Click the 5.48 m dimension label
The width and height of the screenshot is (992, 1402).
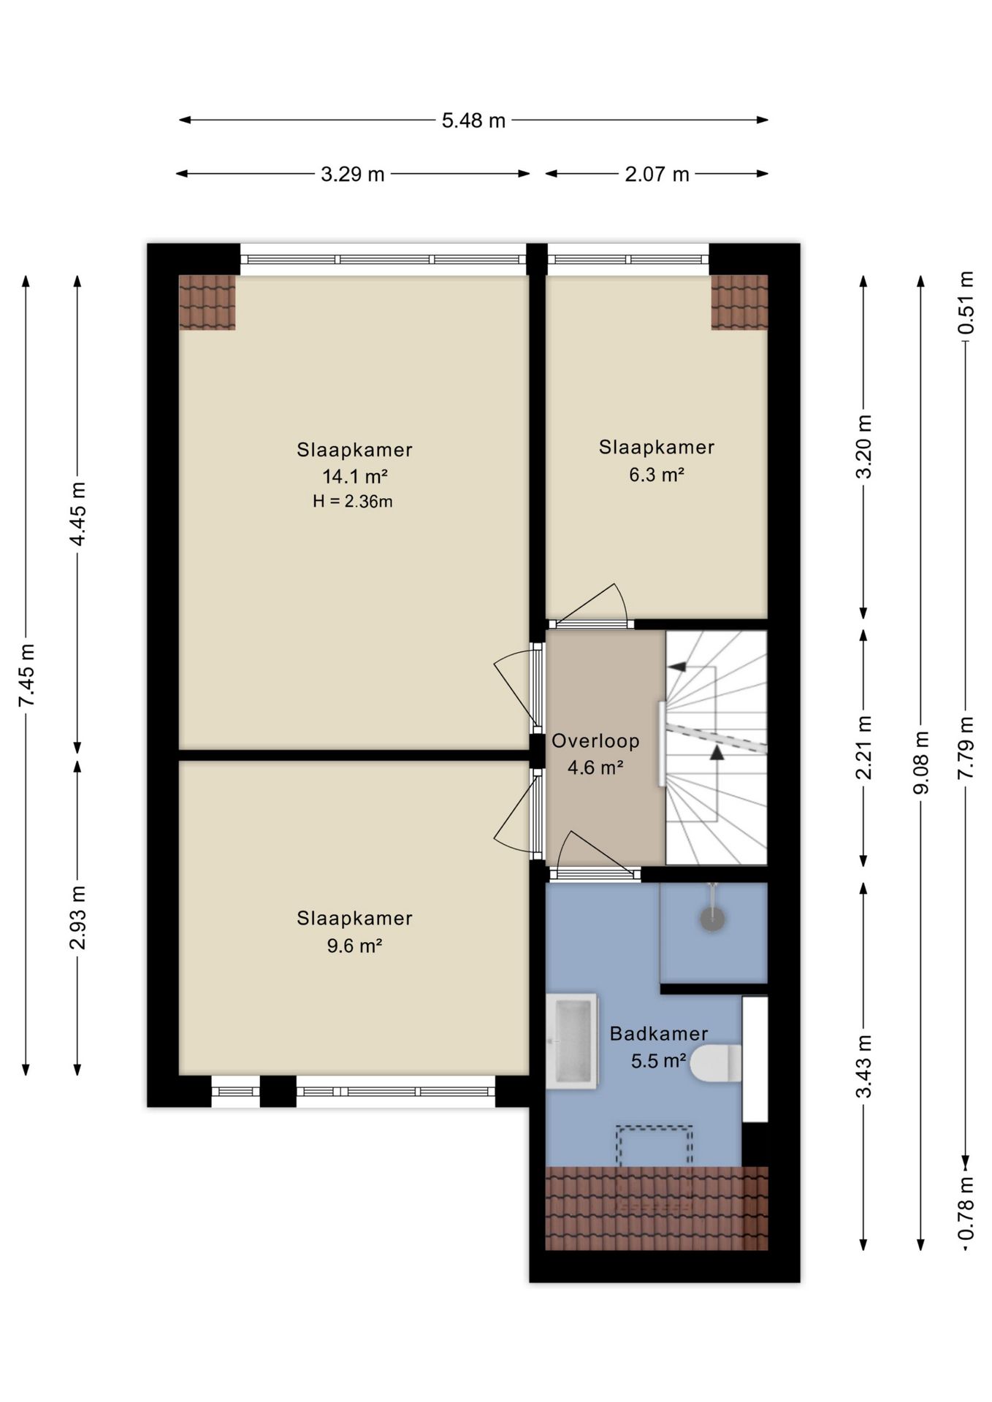[473, 120]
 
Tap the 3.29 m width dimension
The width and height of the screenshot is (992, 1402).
[353, 175]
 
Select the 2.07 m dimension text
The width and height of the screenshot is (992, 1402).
[657, 175]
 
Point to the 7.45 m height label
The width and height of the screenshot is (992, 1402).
[26, 675]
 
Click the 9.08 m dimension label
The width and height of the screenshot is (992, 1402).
[921, 762]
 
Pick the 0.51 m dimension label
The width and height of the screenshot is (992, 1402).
[966, 302]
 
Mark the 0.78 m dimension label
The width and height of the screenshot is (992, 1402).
[966, 1208]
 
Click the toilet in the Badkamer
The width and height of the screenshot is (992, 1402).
[716, 1062]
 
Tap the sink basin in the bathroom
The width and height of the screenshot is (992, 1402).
[572, 1041]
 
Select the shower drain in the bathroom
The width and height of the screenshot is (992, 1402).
[712, 919]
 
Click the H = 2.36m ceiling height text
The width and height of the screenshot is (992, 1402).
[353, 502]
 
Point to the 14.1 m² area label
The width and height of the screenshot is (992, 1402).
[354, 477]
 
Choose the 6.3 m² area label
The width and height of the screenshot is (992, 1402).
[657, 475]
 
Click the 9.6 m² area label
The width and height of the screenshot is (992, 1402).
[354, 946]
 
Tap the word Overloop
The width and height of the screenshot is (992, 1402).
[595, 741]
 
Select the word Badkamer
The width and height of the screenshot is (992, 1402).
[659, 1033]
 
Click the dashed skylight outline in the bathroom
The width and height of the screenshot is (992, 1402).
[655, 1128]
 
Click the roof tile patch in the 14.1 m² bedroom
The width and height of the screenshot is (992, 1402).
[207, 302]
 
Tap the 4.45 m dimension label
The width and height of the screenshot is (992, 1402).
[78, 513]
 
